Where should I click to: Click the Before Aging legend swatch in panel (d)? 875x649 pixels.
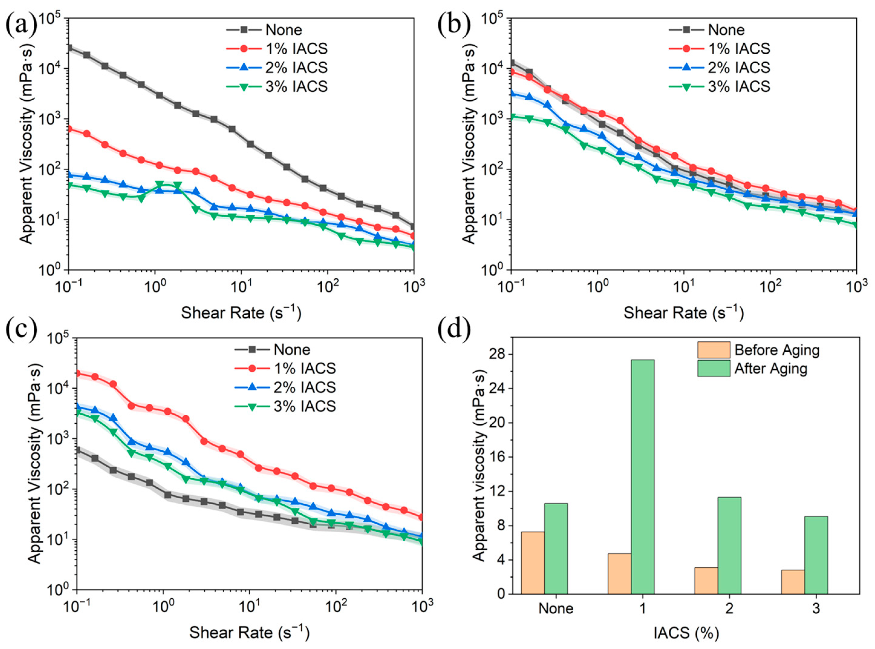(714, 350)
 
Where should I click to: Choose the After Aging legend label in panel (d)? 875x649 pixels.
(771, 368)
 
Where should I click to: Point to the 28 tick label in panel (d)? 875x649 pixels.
(500, 354)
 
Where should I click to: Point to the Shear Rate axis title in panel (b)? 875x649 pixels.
(683, 313)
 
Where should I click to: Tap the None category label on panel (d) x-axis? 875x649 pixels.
(556, 608)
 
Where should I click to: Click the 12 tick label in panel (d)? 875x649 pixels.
(500, 491)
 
